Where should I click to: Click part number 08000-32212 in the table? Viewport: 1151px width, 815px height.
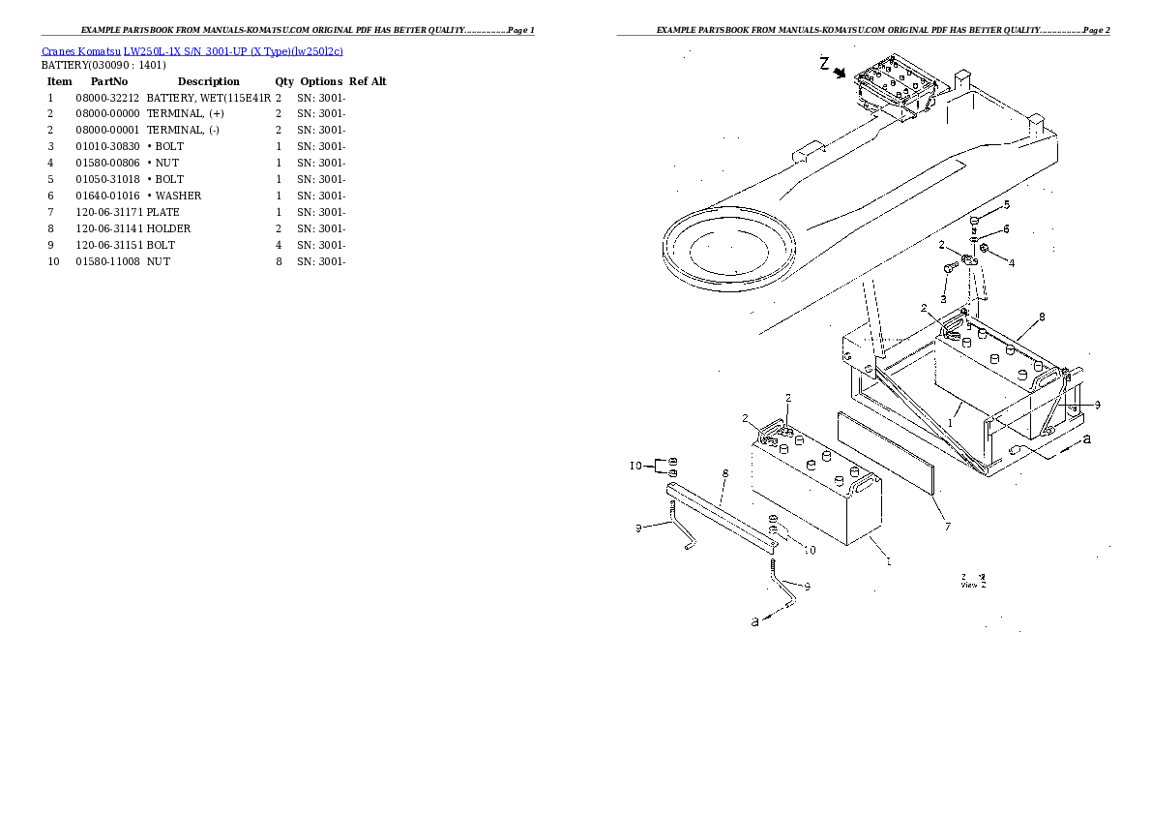107,98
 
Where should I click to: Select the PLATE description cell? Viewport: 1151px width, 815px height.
163,212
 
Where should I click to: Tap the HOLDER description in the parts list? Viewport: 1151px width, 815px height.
168,228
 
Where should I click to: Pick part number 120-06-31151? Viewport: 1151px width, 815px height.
107,245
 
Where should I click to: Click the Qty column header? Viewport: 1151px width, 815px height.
284,81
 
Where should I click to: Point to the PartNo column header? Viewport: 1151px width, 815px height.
108,81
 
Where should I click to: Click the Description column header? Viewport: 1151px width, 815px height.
208,81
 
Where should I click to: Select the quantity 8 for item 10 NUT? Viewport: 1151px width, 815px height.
279,261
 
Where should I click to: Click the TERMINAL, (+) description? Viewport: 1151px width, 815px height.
185,114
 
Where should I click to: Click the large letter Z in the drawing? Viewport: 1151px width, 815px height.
824,65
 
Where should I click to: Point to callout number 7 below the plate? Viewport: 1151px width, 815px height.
947,527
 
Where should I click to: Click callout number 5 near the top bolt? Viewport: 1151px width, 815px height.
1006,204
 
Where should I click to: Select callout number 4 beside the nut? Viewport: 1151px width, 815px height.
1011,262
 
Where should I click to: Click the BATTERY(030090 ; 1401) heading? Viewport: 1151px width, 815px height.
103,65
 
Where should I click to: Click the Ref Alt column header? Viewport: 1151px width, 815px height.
368,81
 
